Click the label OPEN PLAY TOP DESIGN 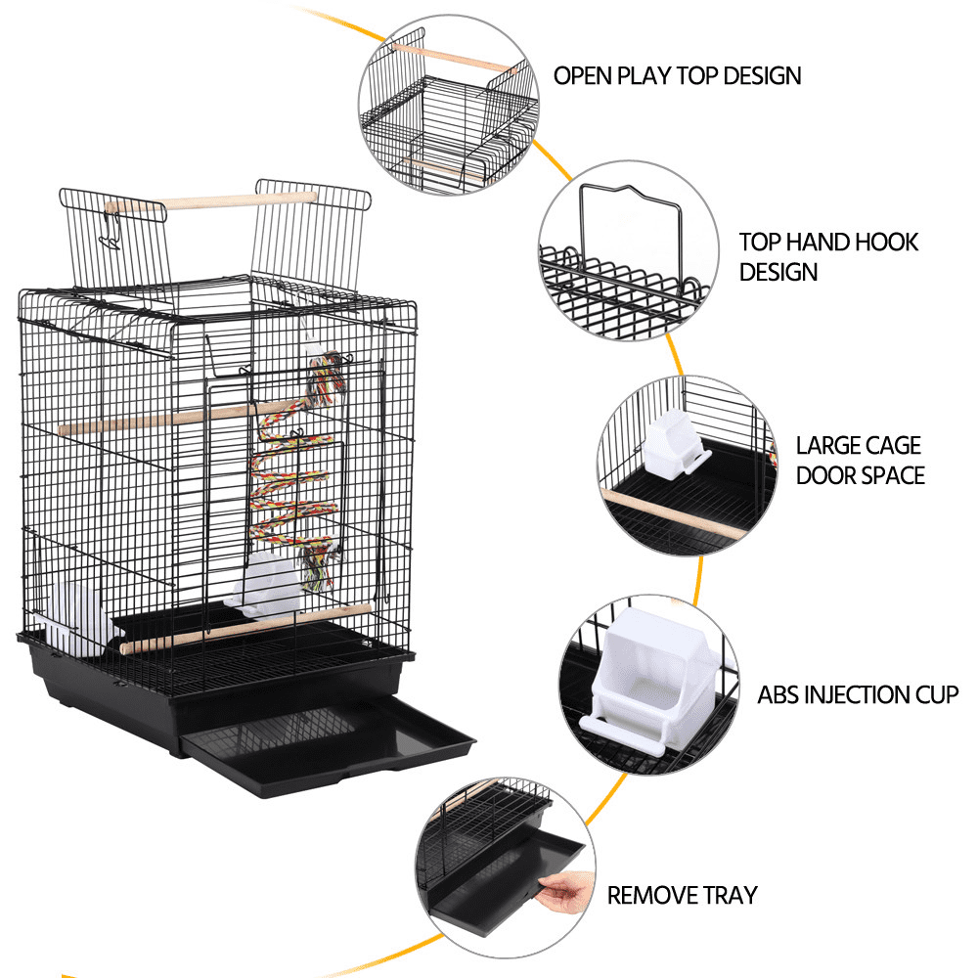click(677, 76)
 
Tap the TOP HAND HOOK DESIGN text click(828, 256)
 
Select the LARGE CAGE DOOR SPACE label click(859, 461)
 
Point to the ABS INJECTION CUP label click(857, 695)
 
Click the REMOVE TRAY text click(682, 895)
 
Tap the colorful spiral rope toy click(293, 469)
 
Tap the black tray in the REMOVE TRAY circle click(499, 870)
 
